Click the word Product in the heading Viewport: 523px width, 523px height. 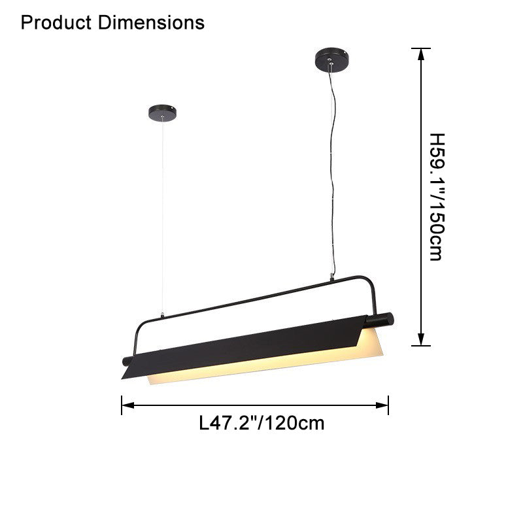coord(58,23)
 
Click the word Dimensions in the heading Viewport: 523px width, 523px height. coord(151,23)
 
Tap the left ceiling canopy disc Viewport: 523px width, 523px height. coord(162,113)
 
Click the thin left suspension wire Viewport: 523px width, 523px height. coord(162,216)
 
